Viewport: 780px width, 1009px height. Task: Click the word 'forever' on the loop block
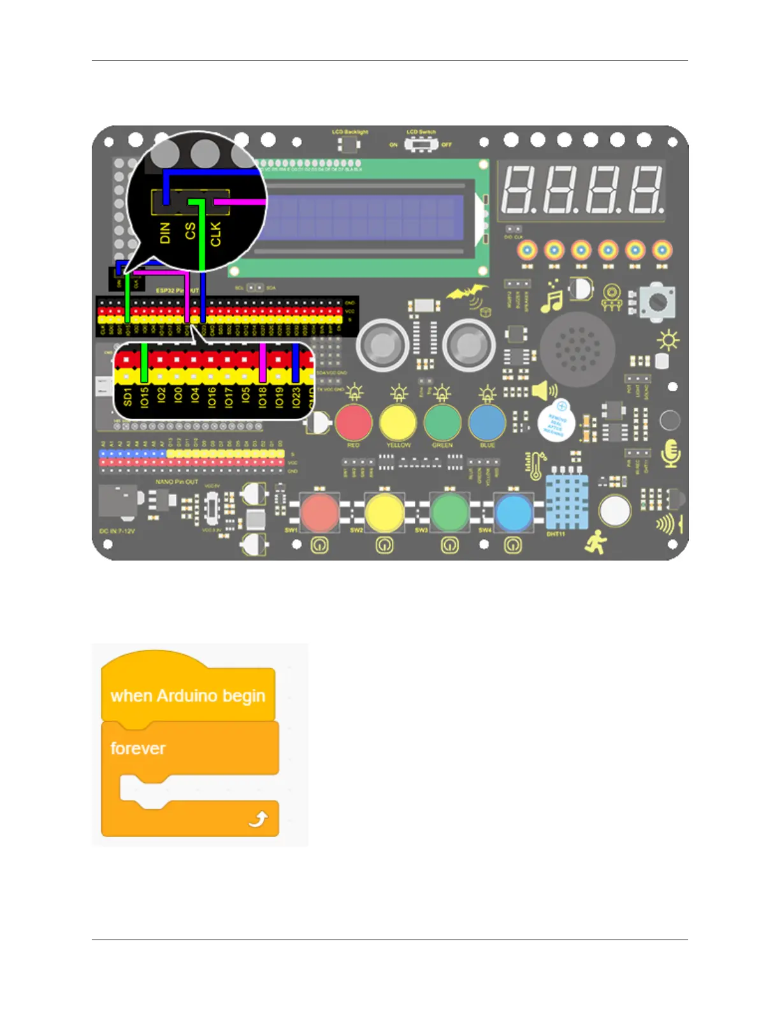pyautogui.click(x=138, y=748)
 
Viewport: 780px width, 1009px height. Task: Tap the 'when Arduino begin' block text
pyautogui.click(x=187, y=696)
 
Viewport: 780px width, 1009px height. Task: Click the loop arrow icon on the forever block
pyautogui.click(x=258, y=819)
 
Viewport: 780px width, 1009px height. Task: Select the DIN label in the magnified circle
pyautogui.click(x=166, y=233)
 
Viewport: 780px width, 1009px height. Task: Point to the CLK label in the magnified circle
pyautogui.click(x=215, y=233)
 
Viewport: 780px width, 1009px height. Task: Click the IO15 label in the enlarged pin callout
pyautogui.click(x=145, y=396)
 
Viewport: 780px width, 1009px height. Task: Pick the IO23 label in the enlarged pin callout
pyautogui.click(x=296, y=397)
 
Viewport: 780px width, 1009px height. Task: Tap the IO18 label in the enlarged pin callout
pyautogui.click(x=262, y=397)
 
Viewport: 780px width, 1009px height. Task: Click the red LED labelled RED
pyautogui.click(x=354, y=422)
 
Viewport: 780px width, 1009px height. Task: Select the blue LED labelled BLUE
pyautogui.click(x=487, y=422)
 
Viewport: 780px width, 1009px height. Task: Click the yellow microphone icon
pyautogui.click(x=670, y=453)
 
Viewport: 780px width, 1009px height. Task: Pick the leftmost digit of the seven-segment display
pyautogui.click(x=518, y=190)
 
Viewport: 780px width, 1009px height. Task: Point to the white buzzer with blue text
pyautogui.click(x=556, y=421)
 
